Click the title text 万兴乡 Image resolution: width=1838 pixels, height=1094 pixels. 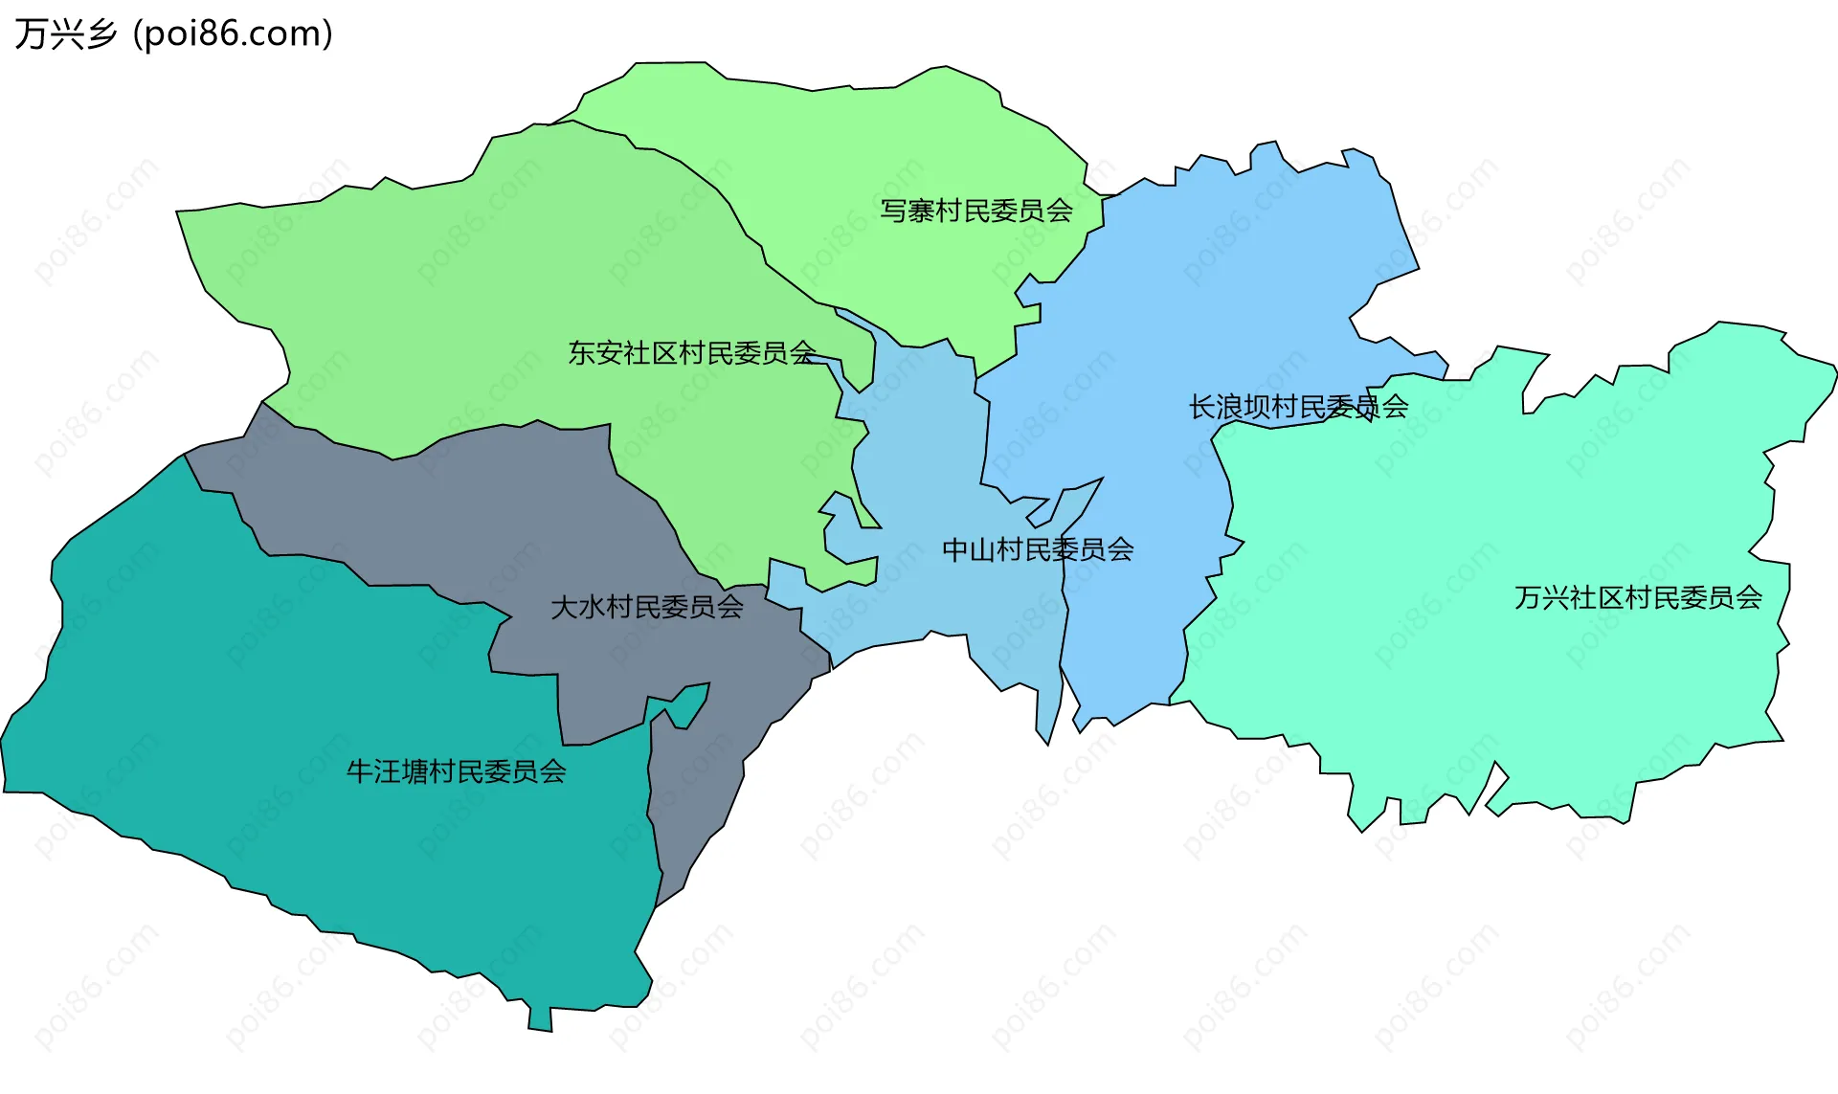click(65, 33)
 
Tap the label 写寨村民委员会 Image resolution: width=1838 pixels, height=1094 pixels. click(975, 211)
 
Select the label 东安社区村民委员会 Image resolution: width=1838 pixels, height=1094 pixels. click(692, 353)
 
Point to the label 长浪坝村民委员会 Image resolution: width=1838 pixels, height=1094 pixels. click(1298, 407)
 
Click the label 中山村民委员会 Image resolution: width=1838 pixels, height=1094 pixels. click(1038, 549)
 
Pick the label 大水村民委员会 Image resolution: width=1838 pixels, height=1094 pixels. click(647, 607)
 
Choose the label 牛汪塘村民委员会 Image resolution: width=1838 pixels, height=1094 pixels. click(456, 771)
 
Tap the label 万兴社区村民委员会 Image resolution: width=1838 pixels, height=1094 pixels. click(1638, 598)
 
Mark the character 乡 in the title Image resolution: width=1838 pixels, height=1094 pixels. click(101, 33)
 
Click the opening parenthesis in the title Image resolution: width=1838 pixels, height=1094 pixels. click(138, 34)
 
